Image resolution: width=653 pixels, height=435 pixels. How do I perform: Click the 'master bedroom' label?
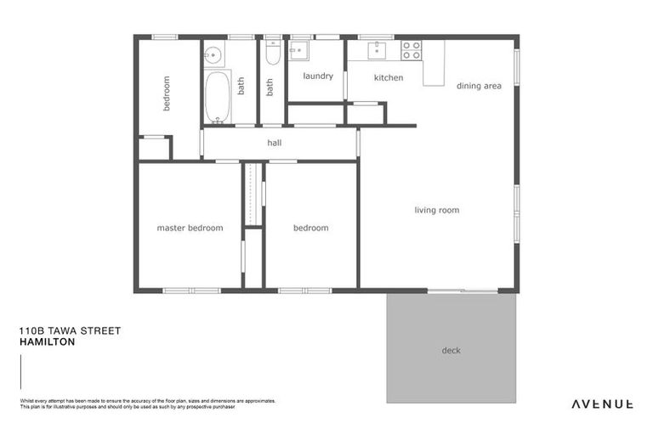click(x=190, y=228)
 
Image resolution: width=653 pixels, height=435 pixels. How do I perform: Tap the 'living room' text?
click(x=437, y=210)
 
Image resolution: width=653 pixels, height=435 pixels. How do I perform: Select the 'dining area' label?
click(x=479, y=86)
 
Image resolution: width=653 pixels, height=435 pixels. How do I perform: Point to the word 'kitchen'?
click(x=388, y=78)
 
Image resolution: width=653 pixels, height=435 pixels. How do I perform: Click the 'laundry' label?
click(x=318, y=76)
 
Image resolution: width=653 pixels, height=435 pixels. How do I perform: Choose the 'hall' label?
click(x=274, y=143)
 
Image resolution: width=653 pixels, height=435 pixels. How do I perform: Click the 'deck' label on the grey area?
click(x=451, y=350)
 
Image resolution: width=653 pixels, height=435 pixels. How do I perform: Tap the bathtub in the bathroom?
click(x=216, y=97)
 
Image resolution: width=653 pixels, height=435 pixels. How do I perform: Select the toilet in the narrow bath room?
click(x=272, y=55)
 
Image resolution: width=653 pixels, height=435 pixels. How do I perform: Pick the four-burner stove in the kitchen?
click(x=412, y=50)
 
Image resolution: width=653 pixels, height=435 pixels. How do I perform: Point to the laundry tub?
click(x=298, y=51)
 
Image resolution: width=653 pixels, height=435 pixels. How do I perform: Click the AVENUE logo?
click(x=601, y=404)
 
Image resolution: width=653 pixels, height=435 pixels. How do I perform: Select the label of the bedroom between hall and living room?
click(x=310, y=228)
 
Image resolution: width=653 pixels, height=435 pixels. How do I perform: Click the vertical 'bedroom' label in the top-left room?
click(x=167, y=93)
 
